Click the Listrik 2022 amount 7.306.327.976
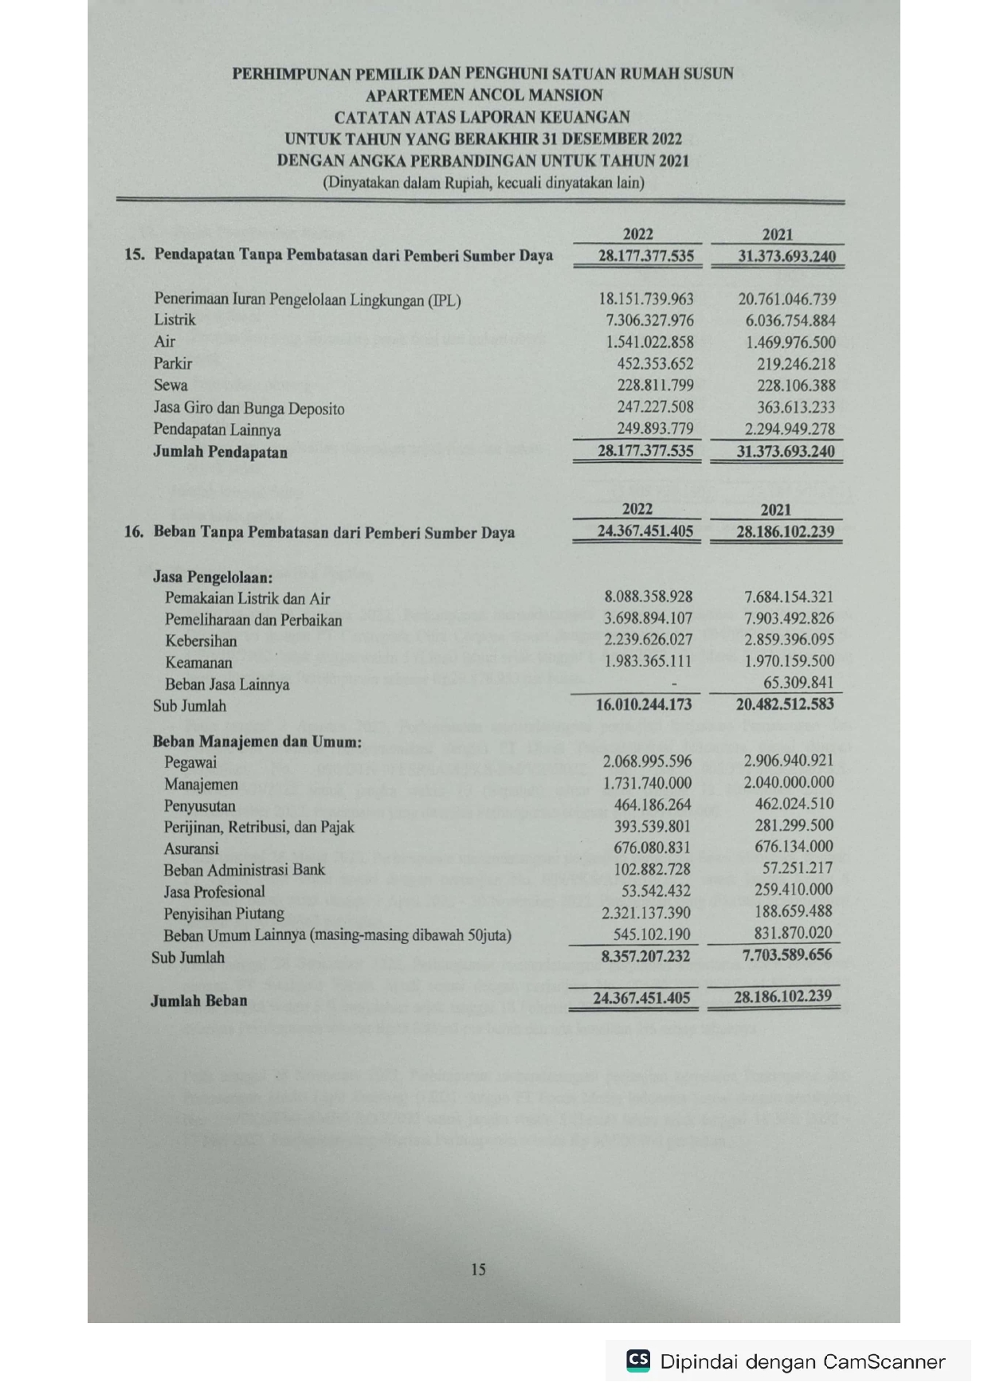[646, 320]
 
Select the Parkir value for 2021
[795, 364]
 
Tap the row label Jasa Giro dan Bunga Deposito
[249, 409]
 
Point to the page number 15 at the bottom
[478, 1270]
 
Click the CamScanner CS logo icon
[638, 1361]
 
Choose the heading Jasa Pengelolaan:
[212, 577]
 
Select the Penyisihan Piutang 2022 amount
[646, 913]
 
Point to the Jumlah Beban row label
[198, 1001]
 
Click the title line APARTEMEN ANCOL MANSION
[484, 96]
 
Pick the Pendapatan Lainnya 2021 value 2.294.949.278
[786, 429]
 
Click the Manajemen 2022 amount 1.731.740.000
[648, 784]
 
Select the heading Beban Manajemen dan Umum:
[257, 742]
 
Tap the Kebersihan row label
[201, 641]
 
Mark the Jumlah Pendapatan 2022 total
[645, 452]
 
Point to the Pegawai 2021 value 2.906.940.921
[789, 762]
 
